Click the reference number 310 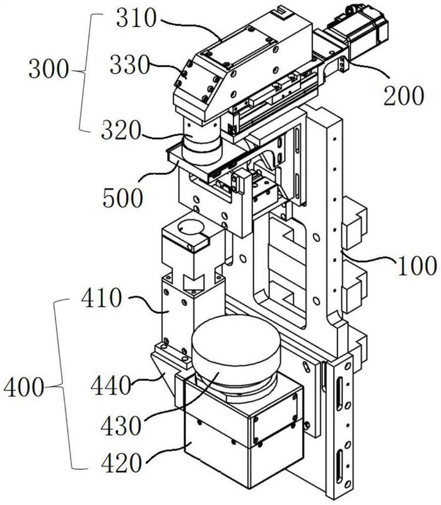pos(136,18)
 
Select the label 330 pos(130,65)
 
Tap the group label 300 pos(49,69)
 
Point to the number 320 pos(121,130)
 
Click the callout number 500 pos(122,198)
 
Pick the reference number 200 pos(404,96)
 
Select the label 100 pos(418,266)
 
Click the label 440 pos(111,386)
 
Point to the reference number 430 pos(121,425)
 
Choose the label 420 pos(121,463)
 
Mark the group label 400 pos(24,387)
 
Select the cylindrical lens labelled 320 pos(201,139)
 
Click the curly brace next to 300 pos(83,71)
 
